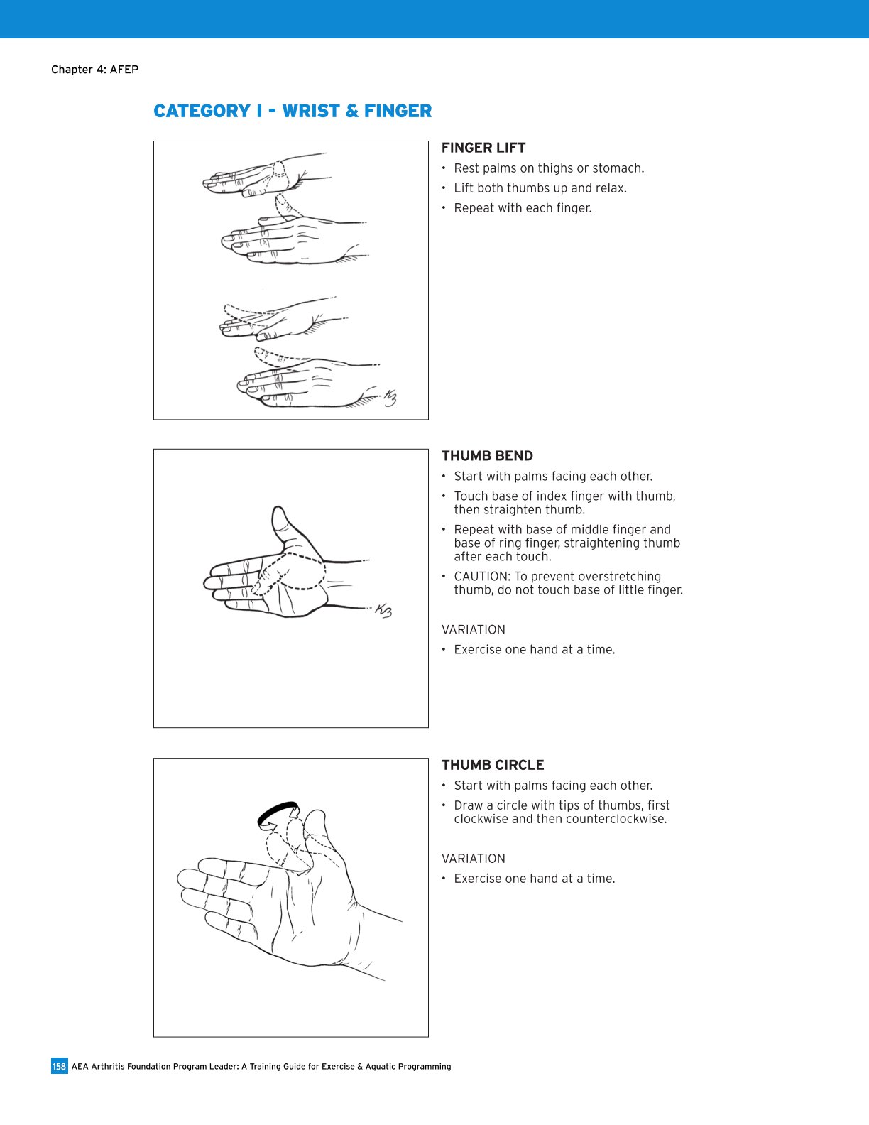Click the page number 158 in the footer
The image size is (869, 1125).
[59, 1066]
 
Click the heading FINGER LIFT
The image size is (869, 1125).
[483, 148]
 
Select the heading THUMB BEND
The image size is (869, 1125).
[487, 456]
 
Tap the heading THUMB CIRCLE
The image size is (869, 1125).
[493, 765]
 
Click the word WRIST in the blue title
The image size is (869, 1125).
[310, 111]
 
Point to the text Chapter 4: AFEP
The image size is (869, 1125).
[94, 70]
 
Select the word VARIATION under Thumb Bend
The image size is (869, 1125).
[474, 630]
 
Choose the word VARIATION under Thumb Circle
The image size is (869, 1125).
[474, 859]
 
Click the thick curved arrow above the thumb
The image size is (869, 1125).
[277, 813]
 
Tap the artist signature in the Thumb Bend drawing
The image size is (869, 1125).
[383, 611]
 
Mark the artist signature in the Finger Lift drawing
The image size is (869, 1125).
[389, 398]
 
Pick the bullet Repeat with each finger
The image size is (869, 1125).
[523, 208]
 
